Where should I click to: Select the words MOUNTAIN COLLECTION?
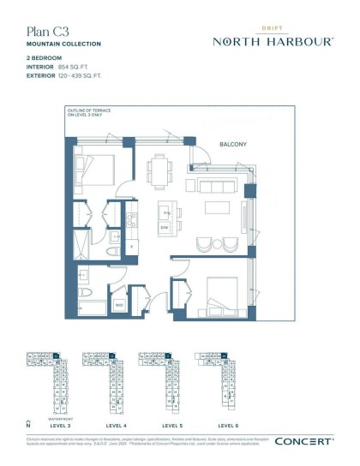(63, 44)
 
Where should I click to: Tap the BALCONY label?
(233, 145)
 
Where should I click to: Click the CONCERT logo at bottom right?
(303, 441)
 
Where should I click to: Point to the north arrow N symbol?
(28, 423)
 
